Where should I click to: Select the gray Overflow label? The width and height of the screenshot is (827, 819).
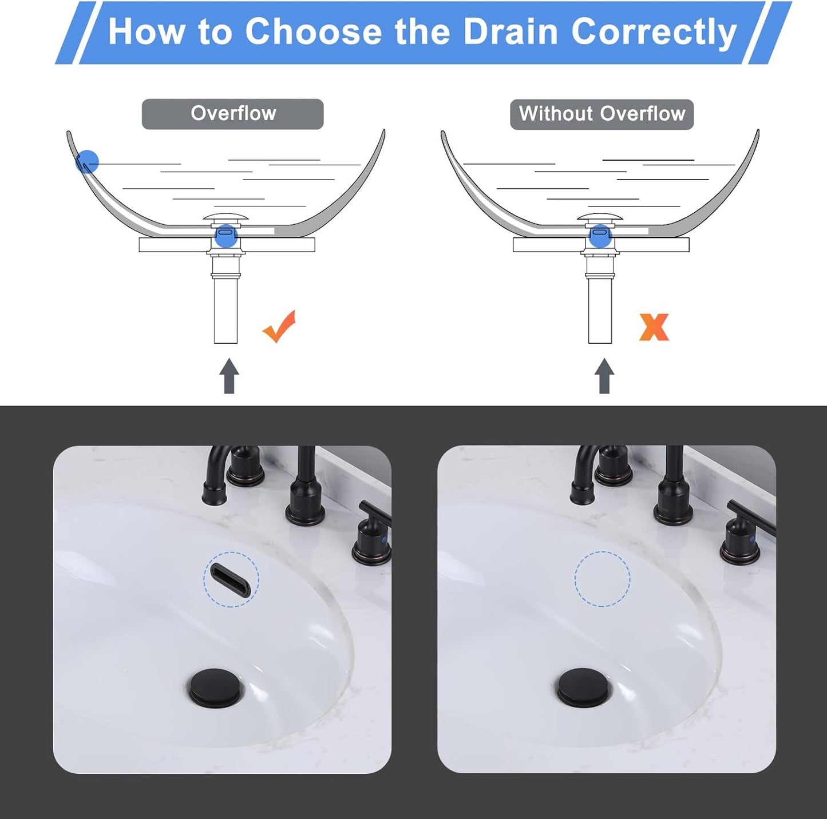tap(232, 114)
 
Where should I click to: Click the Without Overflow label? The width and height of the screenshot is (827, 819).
tap(602, 114)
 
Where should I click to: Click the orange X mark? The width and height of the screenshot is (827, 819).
tap(654, 327)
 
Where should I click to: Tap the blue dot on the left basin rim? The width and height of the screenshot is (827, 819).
tap(87, 162)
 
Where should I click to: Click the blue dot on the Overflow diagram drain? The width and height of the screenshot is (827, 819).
tap(226, 235)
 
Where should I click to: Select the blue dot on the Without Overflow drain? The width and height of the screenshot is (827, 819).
tap(600, 236)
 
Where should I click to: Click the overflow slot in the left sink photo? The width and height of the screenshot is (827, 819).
tap(231, 579)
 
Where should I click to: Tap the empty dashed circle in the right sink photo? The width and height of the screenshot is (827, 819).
tap(602, 579)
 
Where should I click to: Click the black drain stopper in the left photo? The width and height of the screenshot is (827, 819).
tap(216, 687)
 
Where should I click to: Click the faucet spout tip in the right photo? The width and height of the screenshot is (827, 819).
tap(581, 495)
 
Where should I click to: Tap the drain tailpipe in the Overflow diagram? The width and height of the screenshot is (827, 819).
tap(225, 309)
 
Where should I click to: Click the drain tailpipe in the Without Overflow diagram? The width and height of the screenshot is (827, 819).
tap(600, 309)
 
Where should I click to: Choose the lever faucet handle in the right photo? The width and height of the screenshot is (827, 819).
tap(750, 518)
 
